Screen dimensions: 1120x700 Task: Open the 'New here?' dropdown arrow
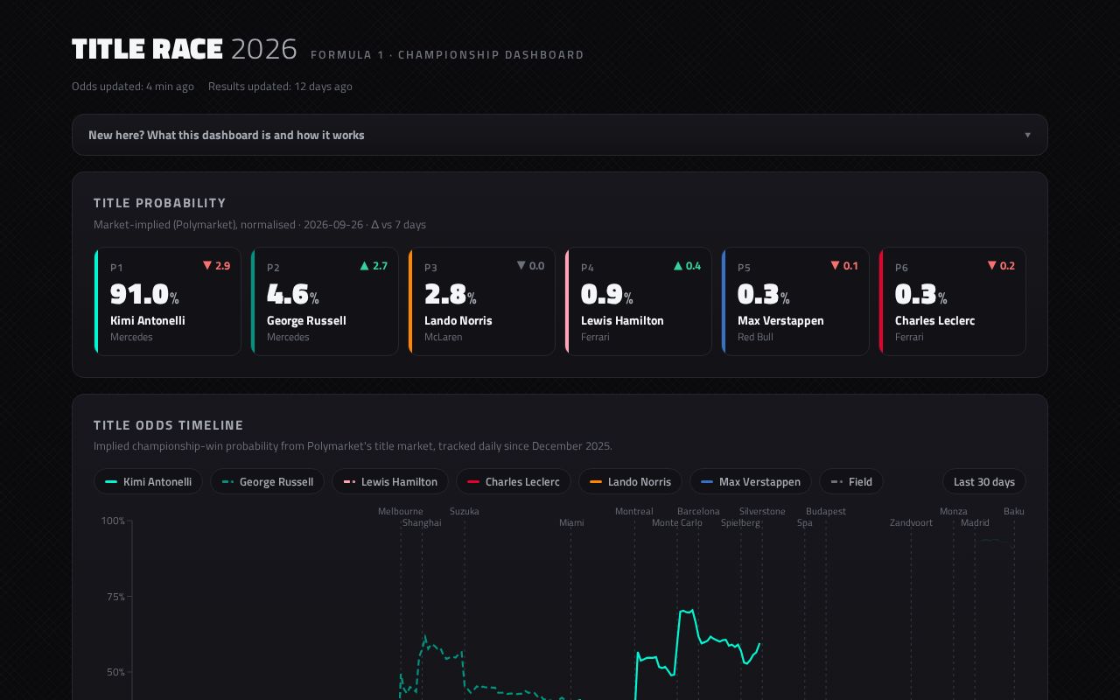(1027, 135)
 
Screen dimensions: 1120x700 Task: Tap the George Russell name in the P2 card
(306, 320)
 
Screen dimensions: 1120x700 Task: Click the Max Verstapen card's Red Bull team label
(755, 337)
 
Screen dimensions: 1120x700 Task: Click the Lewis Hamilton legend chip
(390, 481)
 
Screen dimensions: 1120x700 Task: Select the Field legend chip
(851, 481)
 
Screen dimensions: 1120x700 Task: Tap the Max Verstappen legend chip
(751, 481)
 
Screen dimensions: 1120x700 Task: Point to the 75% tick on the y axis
(115, 597)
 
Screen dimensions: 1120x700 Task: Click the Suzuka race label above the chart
(464, 511)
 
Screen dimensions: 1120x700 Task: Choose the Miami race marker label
(571, 522)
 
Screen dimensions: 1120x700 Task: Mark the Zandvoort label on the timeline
(911, 522)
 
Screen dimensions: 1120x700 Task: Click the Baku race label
(1013, 511)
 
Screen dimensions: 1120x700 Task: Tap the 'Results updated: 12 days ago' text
(280, 87)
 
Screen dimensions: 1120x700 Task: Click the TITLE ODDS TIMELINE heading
(168, 425)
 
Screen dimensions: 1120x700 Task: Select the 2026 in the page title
(264, 49)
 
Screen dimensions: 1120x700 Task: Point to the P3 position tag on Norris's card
(430, 268)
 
